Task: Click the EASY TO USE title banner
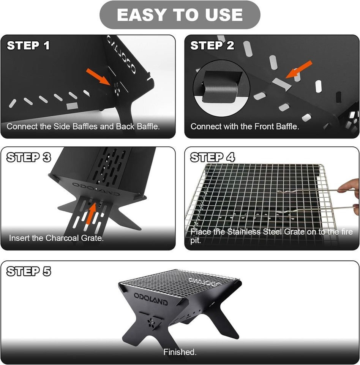point(180,15)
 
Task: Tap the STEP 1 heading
point(28,46)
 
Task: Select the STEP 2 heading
point(212,46)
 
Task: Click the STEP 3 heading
point(28,157)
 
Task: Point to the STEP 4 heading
point(212,157)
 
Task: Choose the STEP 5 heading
point(28,271)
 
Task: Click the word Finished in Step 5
point(180,352)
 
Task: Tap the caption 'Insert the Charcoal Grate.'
point(56,238)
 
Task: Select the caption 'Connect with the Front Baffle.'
point(245,127)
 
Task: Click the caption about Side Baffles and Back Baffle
point(83,127)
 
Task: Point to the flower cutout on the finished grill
point(151,322)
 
